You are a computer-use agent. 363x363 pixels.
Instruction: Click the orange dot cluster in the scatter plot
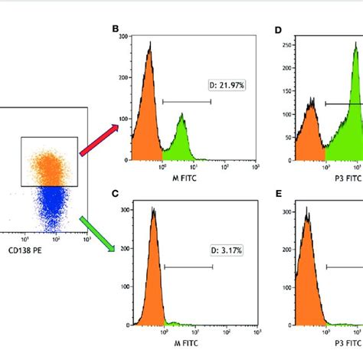tap(51, 165)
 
